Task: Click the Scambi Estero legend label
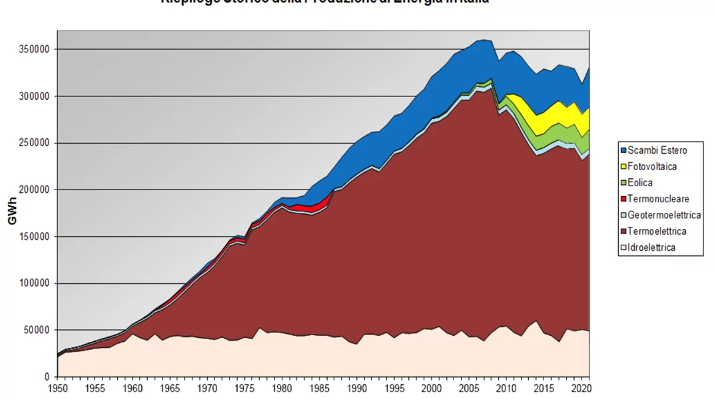[657, 150]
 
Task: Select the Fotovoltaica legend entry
[652, 166]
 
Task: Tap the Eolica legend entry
[640, 183]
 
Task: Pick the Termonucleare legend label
[658, 199]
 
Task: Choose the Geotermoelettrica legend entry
[664, 215]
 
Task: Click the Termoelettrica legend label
[657, 231]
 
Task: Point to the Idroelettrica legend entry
[651, 247]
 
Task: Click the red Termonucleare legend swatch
[623, 199]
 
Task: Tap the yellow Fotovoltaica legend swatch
[623, 166]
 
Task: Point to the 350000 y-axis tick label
[36, 49]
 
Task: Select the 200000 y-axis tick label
[36, 190]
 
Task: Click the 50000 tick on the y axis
[39, 330]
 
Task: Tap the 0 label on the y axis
[47, 377]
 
